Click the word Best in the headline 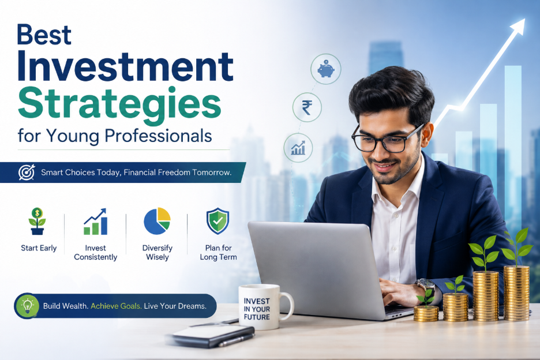pyautogui.click(x=44, y=35)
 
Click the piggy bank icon pyautogui.click(x=326, y=69)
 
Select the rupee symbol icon pyautogui.click(x=307, y=107)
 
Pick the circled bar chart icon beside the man pyautogui.click(x=298, y=148)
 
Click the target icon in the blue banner pyautogui.click(x=27, y=172)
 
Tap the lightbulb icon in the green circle pyautogui.click(x=27, y=306)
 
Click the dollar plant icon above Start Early pyautogui.click(x=37, y=221)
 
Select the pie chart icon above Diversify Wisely pyautogui.click(x=157, y=221)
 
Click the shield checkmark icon pyautogui.click(x=218, y=221)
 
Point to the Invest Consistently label pyautogui.click(x=95, y=253)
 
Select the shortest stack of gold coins pyautogui.click(x=426, y=313)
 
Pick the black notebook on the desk pyautogui.click(x=213, y=335)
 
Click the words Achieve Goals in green pyautogui.click(x=116, y=306)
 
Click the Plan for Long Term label pyautogui.click(x=218, y=253)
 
